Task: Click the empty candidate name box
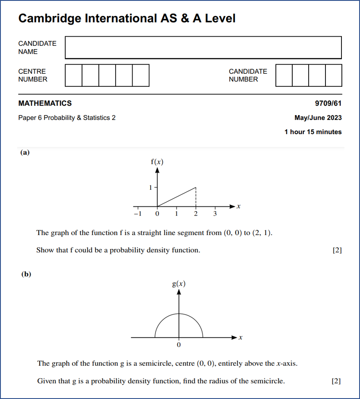203,47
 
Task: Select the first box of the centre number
73,75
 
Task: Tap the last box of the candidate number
333,75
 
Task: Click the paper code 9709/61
328,104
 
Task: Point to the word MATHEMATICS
45,104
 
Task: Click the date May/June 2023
318,118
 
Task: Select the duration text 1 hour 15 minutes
313,132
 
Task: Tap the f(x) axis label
157,162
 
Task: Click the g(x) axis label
179,283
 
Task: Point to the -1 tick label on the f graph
137,214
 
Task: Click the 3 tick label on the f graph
215,214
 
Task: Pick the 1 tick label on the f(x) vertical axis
151,188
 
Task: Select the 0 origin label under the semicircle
179,345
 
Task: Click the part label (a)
25,152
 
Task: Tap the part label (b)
26,274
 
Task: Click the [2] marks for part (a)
337,250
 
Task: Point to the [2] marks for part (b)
336,381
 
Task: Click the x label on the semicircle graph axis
240,338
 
